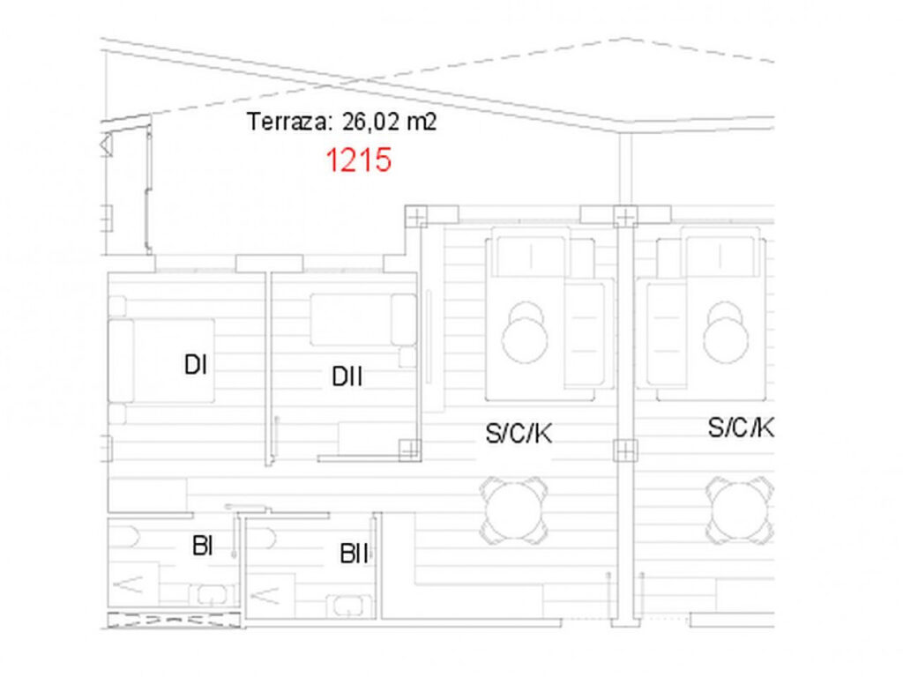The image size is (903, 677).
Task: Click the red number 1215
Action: [x=359, y=160]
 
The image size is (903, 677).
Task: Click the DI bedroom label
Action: [x=195, y=365]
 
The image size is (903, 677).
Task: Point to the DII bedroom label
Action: [x=347, y=376]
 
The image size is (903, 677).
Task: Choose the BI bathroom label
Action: [x=202, y=546]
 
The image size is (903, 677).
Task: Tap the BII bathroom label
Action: [x=354, y=554]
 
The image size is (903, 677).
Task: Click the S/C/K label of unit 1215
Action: [x=519, y=434]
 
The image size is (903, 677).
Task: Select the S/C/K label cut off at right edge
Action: [x=741, y=428]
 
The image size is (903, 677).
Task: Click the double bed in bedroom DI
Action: [x=162, y=361]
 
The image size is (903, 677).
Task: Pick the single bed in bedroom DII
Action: [x=363, y=319]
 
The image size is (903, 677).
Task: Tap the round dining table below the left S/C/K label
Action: [x=513, y=511]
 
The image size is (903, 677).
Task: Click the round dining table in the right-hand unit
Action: [x=739, y=511]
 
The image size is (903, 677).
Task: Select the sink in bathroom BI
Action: [x=212, y=595]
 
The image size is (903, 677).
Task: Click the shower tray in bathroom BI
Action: [x=134, y=585]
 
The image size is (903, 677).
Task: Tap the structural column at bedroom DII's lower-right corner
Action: [x=409, y=449]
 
